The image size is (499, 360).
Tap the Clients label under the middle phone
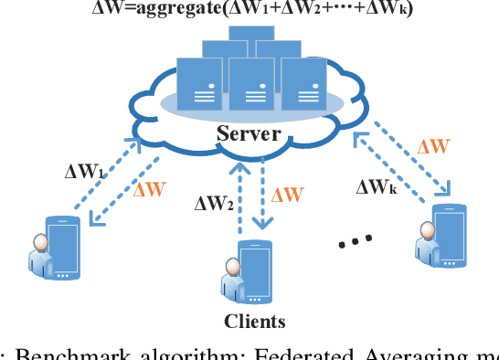pos(255,321)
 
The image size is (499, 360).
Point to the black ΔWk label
pos(378,189)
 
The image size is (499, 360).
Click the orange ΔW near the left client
pos(150,191)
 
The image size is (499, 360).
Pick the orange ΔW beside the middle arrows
pos(287,195)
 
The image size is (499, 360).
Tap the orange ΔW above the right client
pos(432,146)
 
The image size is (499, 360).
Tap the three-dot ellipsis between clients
pos(355,240)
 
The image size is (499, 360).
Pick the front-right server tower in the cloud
pos(303,84)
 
